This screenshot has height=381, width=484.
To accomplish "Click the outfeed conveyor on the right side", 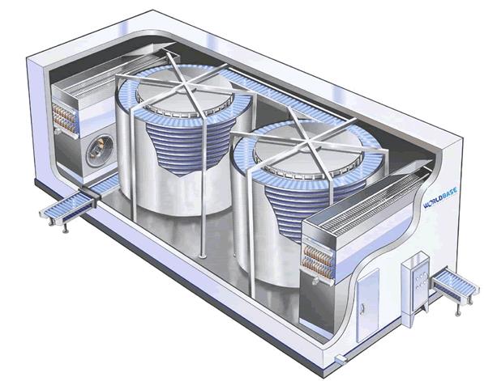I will (455, 285).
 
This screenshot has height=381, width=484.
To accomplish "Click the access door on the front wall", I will (365, 295).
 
